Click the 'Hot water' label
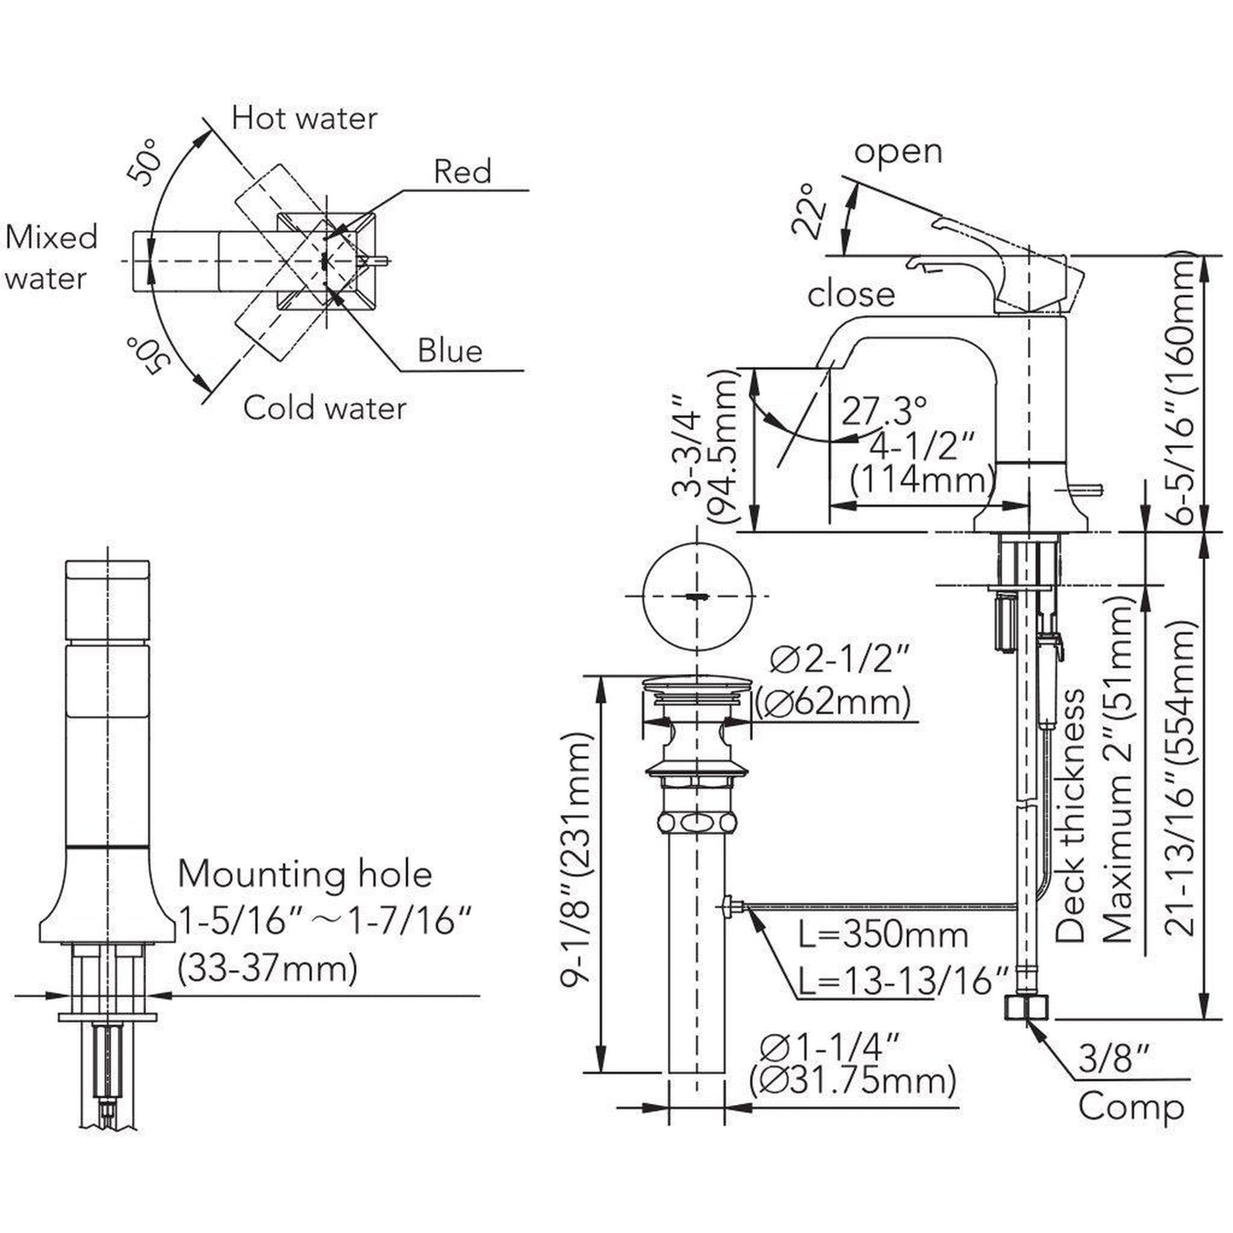tap(304, 118)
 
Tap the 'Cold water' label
tap(324, 407)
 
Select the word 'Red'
tap(462, 172)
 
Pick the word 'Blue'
tap(450, 350)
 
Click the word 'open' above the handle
tap(898, 152)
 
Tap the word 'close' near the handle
tap(851, 294)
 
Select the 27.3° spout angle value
tap(885, 411)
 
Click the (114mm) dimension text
tap(920, 480)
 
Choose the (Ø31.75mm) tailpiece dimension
tap(852, 1082)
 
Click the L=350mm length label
tap(883, 935)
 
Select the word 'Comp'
tap(1131, 1107)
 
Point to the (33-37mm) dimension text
tap(266, 968)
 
